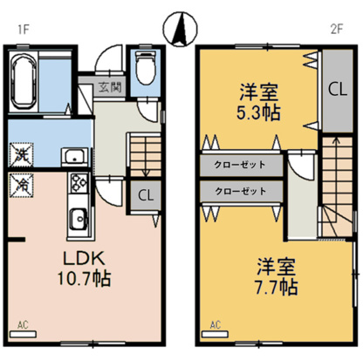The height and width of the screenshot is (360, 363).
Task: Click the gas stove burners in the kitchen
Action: [x=76, y=185]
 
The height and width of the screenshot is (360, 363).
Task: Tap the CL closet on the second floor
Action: [x=334, y=88]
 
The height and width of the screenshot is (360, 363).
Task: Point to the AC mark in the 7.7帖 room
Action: [x=215, y=324]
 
